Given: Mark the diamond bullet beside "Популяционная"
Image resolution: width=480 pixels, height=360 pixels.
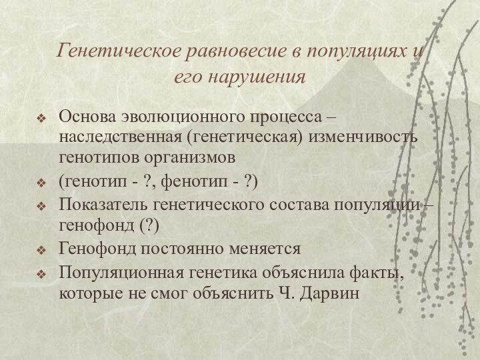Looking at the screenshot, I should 42,273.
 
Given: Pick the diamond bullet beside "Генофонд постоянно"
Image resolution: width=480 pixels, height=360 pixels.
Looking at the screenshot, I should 42,250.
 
